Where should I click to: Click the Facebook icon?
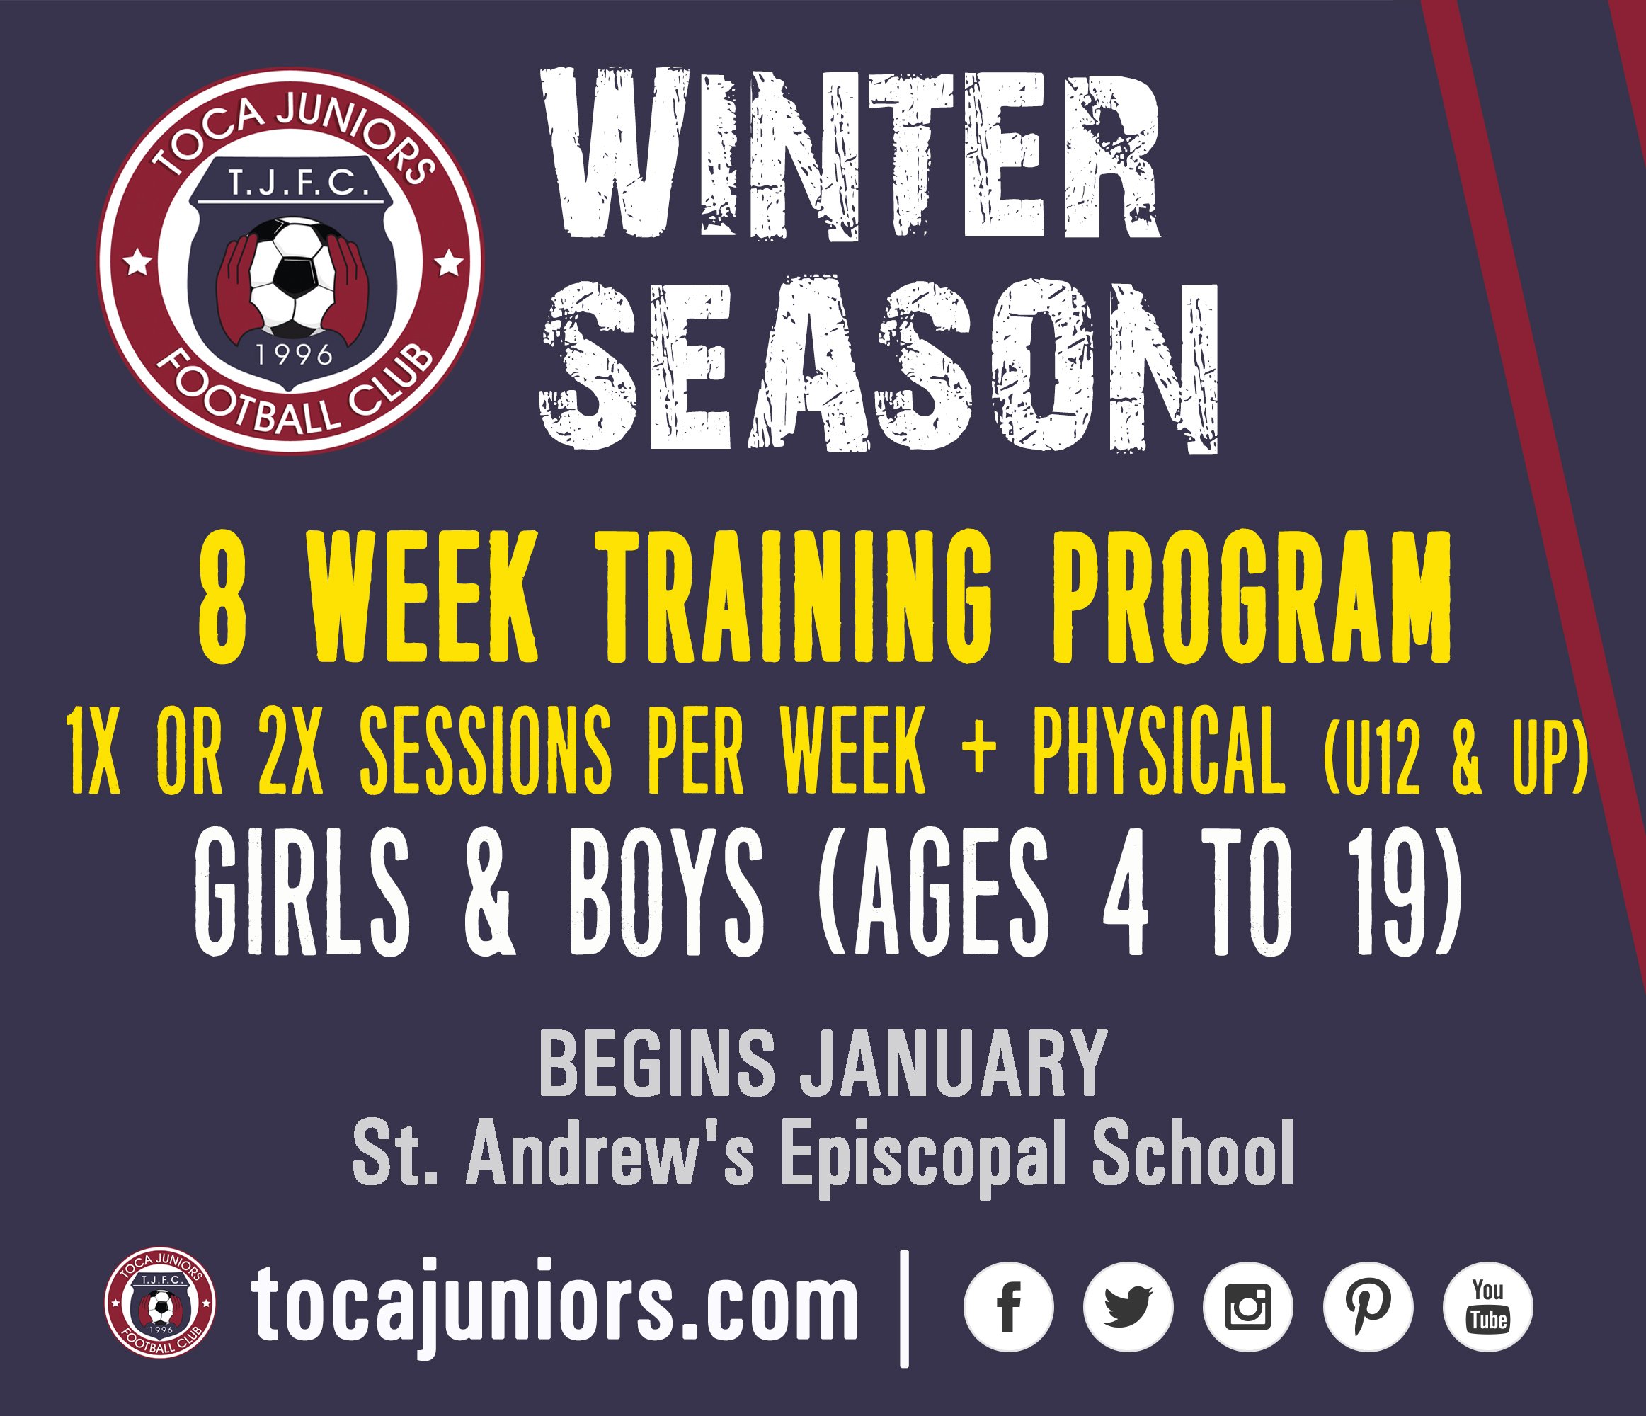tap(1008, 1306)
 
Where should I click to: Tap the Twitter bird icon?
tap(1128, 1306)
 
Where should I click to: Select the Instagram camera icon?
tap(1248, 1306)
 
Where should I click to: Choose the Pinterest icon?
tap(1368, 1306)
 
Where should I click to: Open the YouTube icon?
tap(1488, 1306)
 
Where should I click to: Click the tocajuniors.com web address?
tap(554, 1307)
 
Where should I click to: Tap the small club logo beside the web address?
tap(160, 1304)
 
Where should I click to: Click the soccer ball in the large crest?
tap(293, 278)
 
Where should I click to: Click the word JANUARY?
tap(954, 1064)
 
